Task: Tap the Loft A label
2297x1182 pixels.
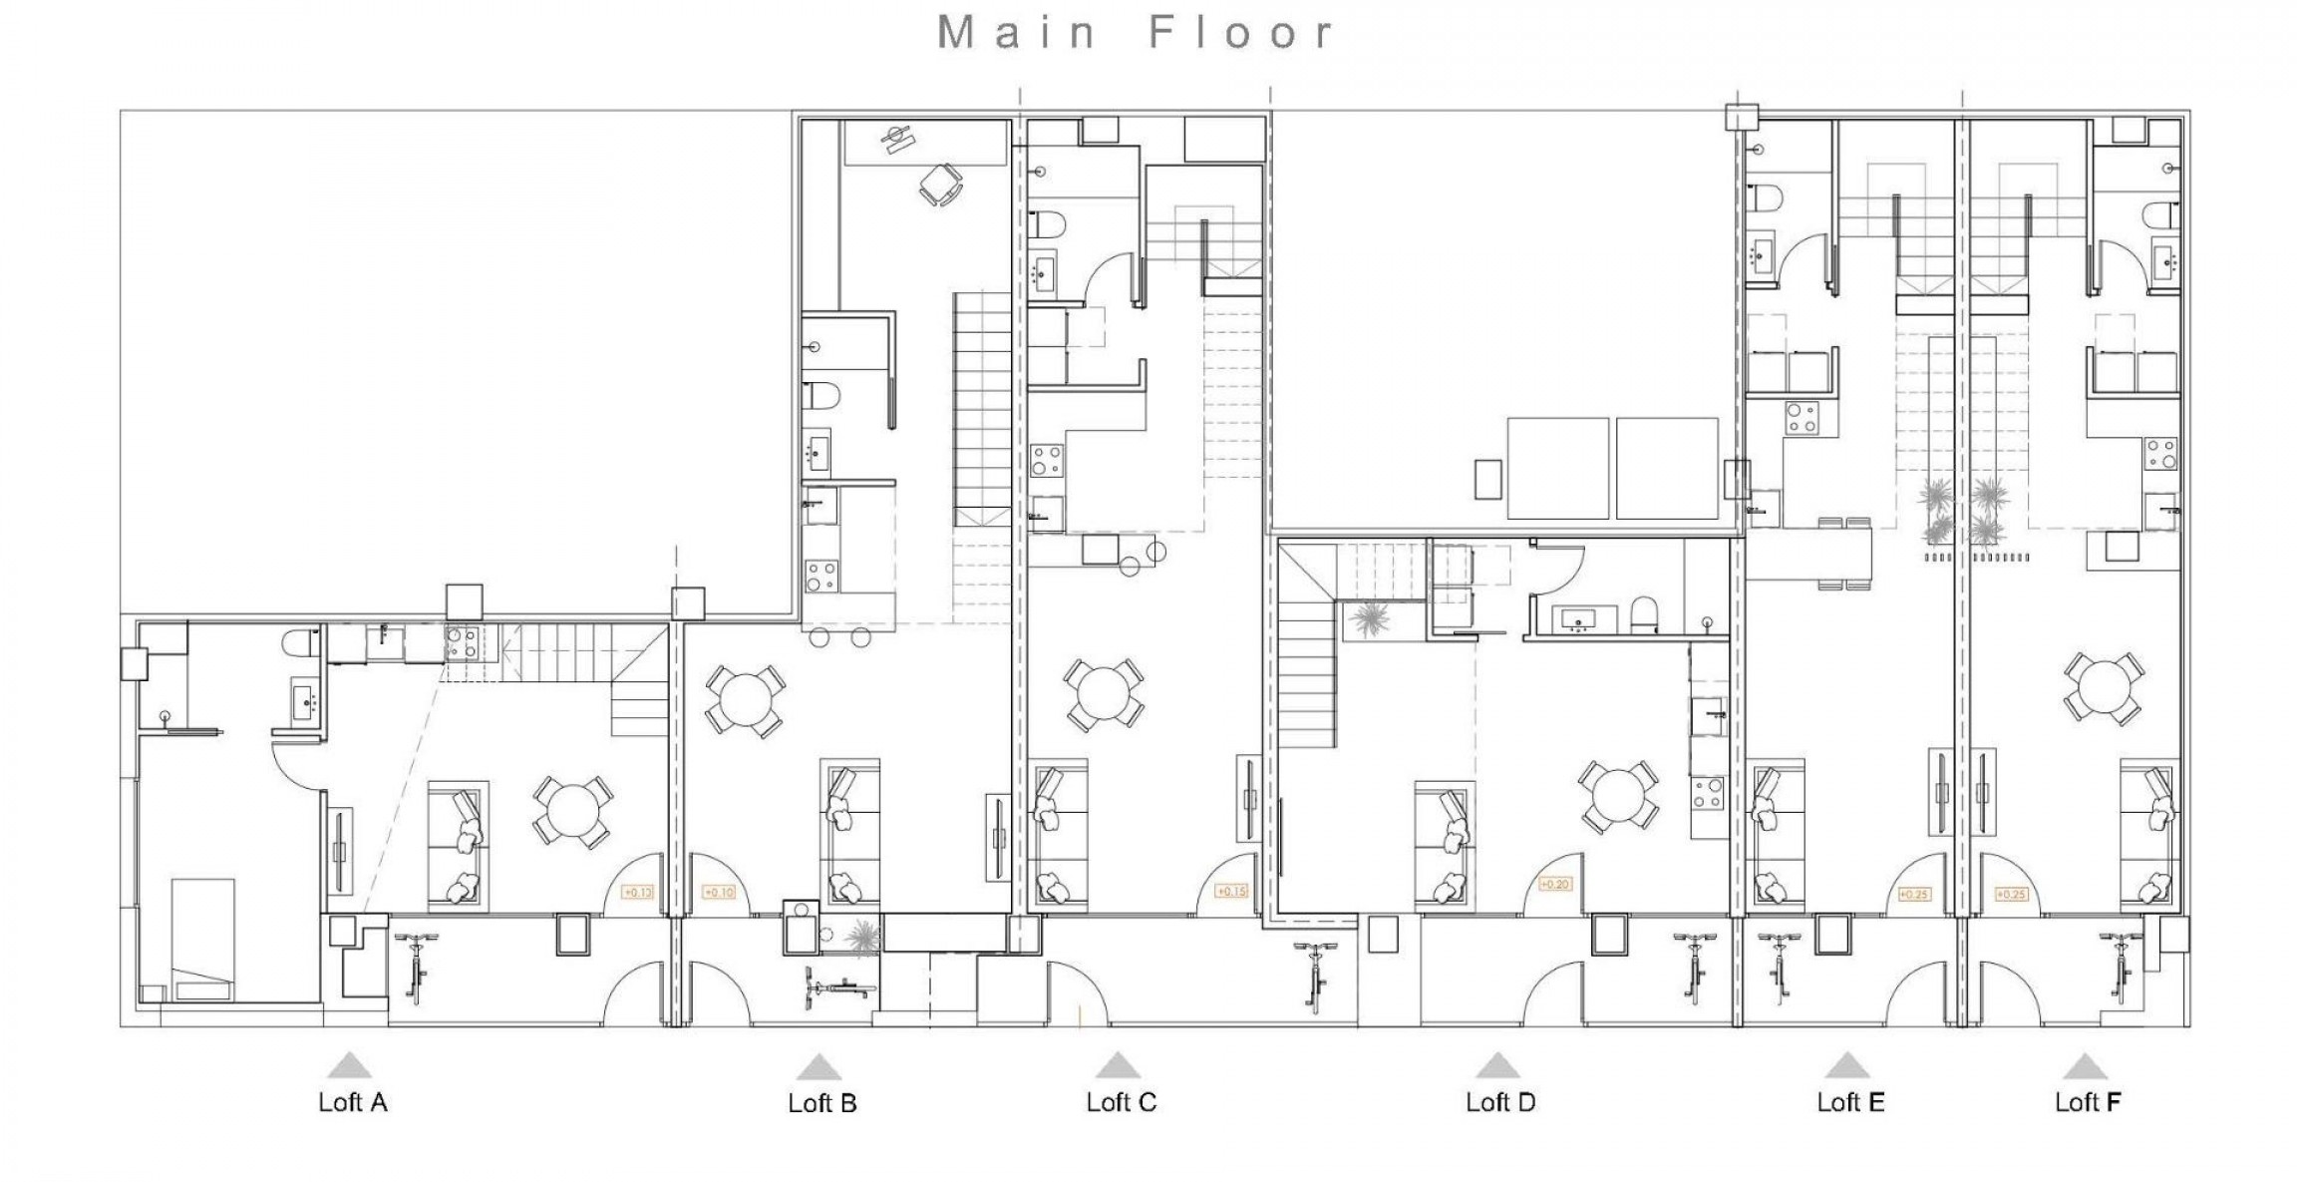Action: [352, 1102]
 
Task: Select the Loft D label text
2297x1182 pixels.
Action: [1500, 1102]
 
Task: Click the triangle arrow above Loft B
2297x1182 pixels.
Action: [819, 1067]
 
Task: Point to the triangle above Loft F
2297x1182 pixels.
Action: [2084, 1067]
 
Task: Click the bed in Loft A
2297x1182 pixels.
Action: [203, 938]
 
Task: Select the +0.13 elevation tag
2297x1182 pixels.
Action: [637, 893]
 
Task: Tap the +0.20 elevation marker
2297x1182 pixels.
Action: [1554, 885]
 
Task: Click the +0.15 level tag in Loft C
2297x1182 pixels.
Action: [1231, 892]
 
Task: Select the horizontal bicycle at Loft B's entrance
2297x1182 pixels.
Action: [838, 989]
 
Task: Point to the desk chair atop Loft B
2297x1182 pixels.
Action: [940, 185]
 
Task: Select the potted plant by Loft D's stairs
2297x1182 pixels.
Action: [1366, 620]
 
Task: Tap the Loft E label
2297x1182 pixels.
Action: [1850, 1102]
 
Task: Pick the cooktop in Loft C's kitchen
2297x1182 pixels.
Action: [1045, 461]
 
